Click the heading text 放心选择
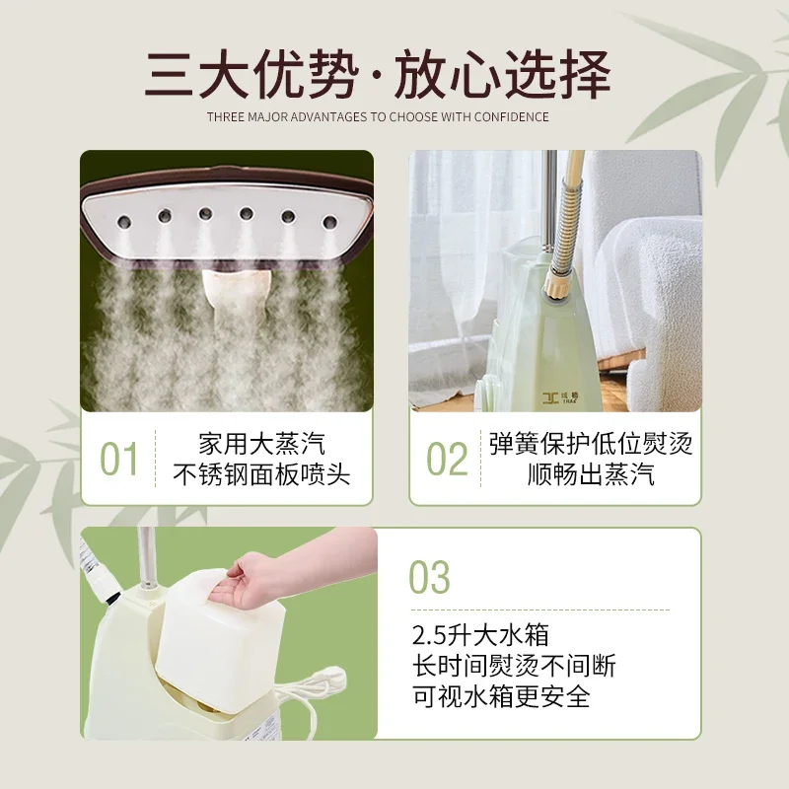tap(504, 75)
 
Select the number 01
tap(119, 460)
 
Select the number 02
tap(446, 460)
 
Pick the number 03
tap(429, 578)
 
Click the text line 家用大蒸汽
tap(260, 443)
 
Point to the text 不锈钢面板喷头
tap(260, 475)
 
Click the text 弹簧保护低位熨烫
tap(591, 443)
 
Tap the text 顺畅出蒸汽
tap(591, 475)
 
